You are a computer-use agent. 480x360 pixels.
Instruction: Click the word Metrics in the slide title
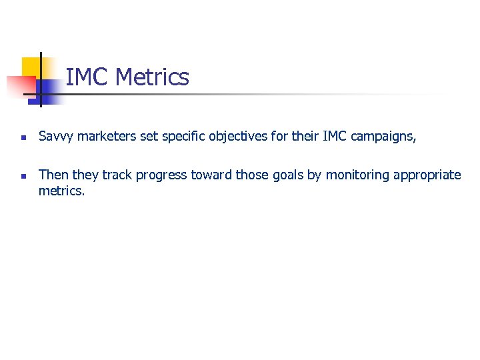point(152,77)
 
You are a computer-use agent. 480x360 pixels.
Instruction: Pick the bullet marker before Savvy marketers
point(23,138)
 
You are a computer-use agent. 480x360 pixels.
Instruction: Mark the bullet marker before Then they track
point(23,176)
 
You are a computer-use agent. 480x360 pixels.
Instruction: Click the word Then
point(53,175)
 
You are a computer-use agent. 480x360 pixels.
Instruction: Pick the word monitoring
point(357,175)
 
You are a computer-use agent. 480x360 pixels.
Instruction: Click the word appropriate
point(427,175)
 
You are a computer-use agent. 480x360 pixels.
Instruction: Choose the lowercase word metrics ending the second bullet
point(61,191)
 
